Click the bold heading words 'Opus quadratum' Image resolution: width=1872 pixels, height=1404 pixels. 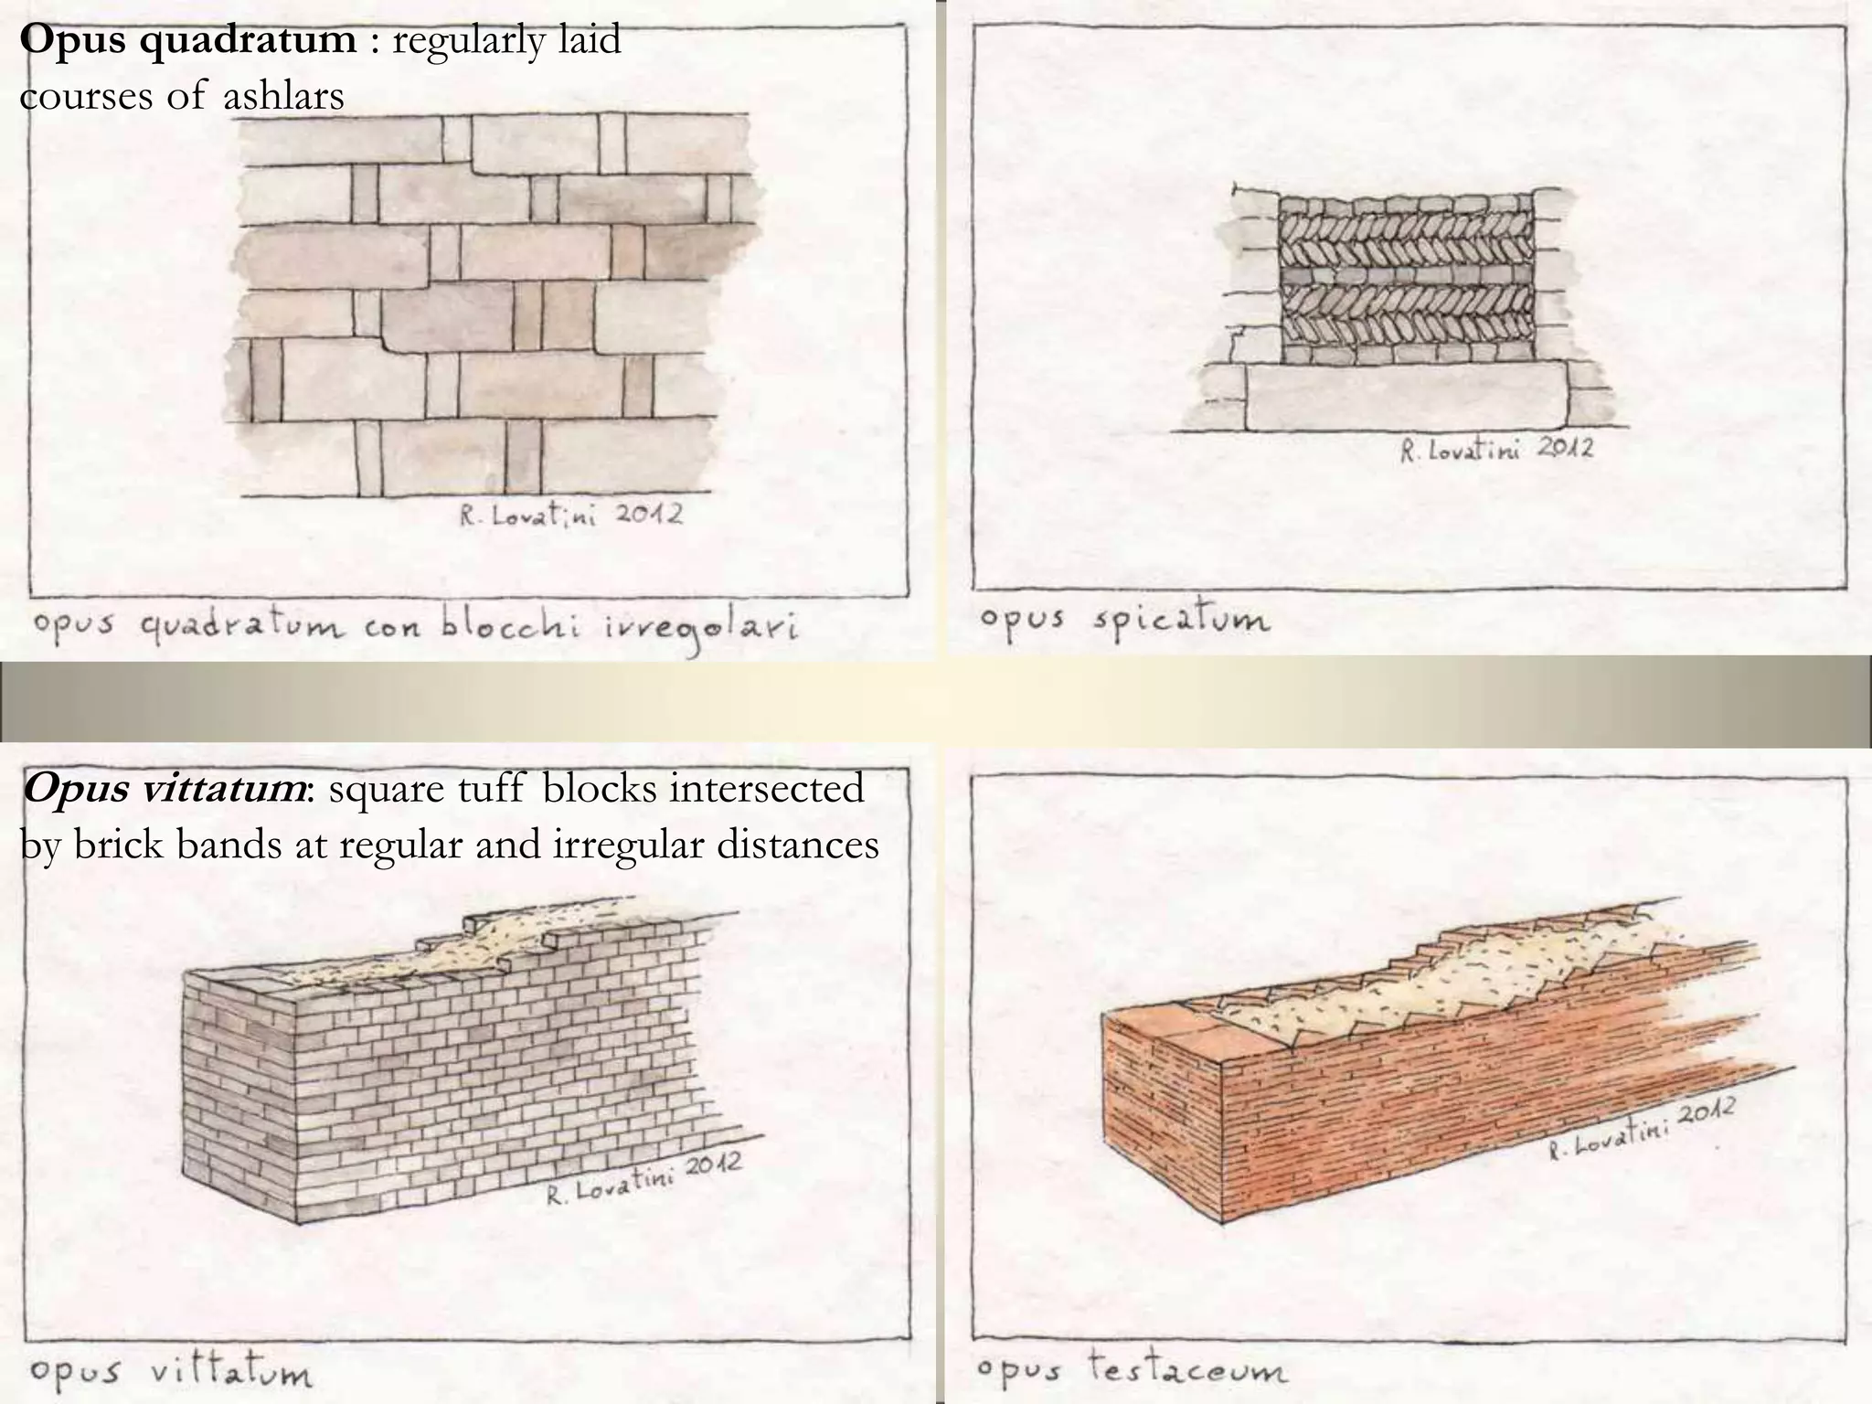pos(187,40)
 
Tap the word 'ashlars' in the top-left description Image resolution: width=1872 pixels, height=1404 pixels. pos(283,95)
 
